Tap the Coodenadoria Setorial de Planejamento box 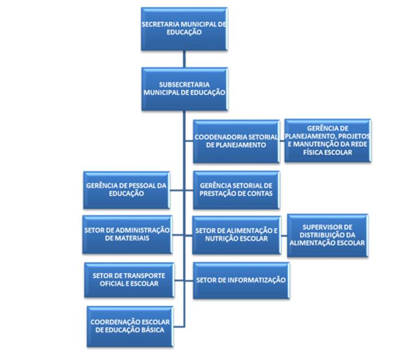click(236, 141)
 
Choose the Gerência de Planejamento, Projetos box click(327, 141)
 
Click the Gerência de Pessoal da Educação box click(126, 190)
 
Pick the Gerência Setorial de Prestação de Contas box click(236, 190)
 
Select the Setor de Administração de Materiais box click(126, 234)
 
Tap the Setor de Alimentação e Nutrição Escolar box click(236, 235)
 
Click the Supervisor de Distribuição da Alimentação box click(327, 235)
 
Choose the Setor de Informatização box click(240, 280)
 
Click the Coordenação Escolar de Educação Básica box click(129, 326)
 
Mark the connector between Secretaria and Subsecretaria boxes click(184, 59)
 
